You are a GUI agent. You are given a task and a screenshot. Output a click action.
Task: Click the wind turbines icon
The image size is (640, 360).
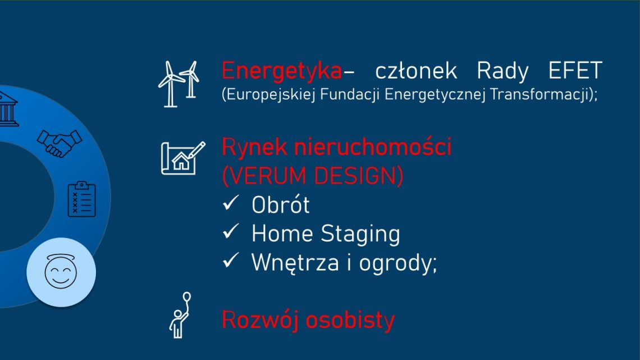click(x=179, y=84)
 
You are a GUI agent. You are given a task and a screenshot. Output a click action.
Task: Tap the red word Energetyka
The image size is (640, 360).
click(x=282, y=71)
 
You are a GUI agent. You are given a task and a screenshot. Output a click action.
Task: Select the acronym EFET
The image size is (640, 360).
click(x=575, y=70)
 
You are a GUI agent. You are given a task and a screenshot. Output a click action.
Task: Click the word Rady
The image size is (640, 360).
click(x=502, y=71)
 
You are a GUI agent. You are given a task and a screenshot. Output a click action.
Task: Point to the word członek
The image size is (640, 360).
click(x=415, y=71)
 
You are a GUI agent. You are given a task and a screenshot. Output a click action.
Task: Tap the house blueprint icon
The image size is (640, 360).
click(x=183, y=158)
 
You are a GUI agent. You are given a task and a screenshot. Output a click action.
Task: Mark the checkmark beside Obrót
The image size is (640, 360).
click(x=231, y=202)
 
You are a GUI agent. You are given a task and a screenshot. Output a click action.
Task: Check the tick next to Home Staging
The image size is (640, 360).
click(x=231, y=231)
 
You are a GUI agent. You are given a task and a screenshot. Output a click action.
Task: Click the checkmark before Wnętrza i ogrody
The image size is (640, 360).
click(x=231, y=260)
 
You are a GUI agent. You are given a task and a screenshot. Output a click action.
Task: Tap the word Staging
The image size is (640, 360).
click(x=360, y=234)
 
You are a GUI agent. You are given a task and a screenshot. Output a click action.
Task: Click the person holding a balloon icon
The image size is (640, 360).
click(x=180, y=315)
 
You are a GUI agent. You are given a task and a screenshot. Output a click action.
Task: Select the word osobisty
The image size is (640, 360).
click(x=350, y=320)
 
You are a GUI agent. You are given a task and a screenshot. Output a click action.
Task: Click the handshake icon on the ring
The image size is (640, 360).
click(x=60, y=143)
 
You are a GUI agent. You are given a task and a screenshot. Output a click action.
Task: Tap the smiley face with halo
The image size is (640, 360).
click(x=61, y=271)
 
